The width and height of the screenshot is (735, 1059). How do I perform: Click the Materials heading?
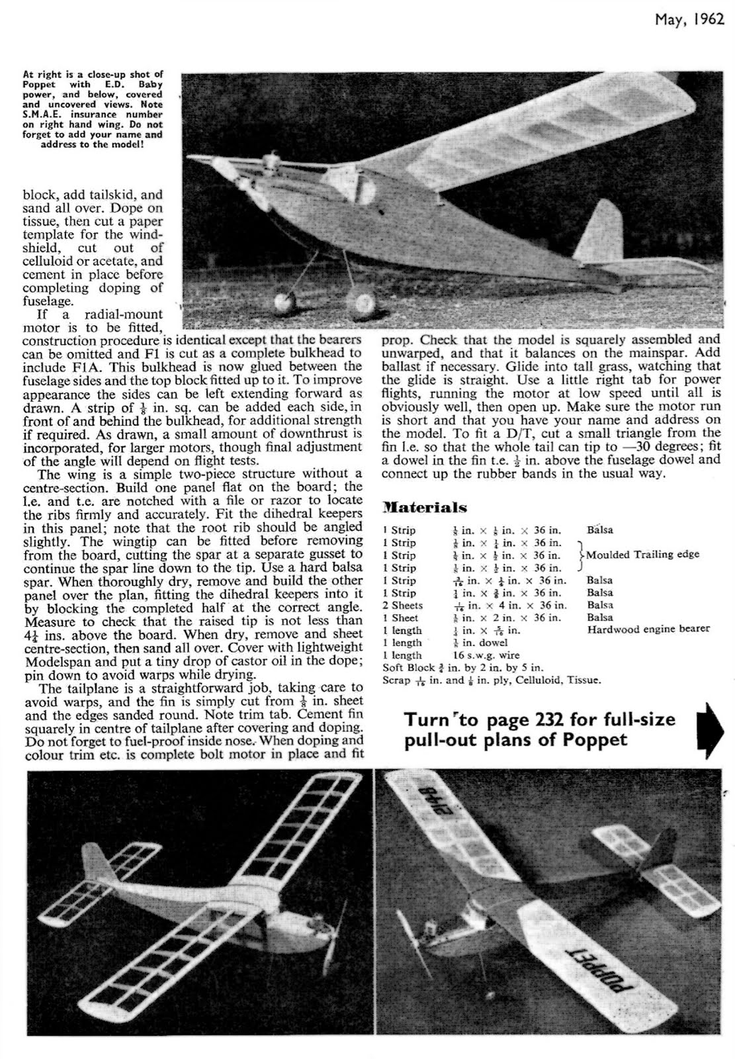[425, 508]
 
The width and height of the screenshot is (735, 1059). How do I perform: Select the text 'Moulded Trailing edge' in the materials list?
[642, 555]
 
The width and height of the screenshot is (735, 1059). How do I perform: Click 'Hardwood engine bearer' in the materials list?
[648, 629]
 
